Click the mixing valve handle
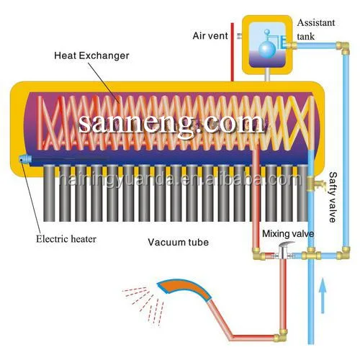coord(284,247)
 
